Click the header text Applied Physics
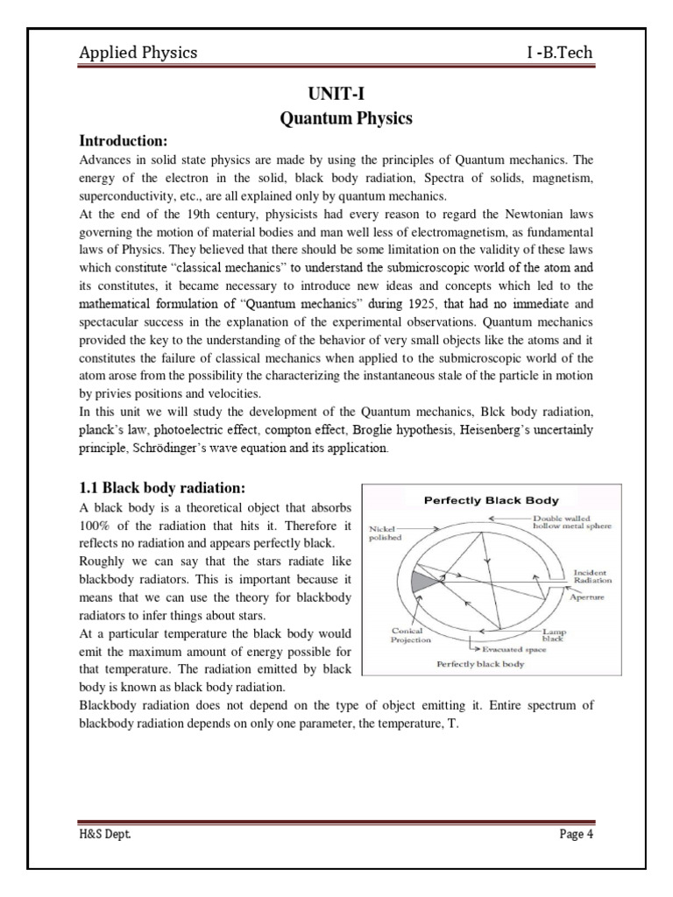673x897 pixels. click(138, 53)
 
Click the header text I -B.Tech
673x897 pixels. click(560, 53)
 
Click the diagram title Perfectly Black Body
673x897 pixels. click(491, 501)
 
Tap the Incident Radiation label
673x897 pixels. click(592, 576)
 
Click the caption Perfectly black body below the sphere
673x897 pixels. click(479, 665)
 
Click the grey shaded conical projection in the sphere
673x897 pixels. click(422, 581)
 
